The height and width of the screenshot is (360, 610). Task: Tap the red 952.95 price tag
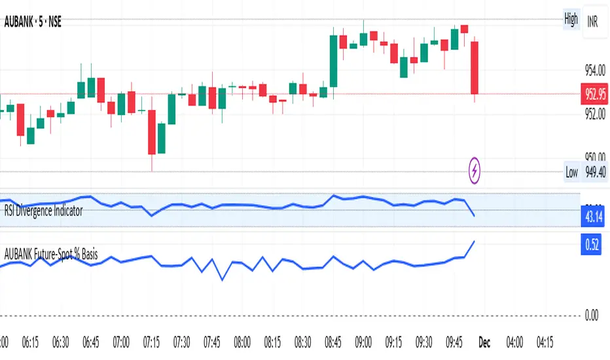(594, 94)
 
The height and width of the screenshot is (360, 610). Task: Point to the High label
(571, 19)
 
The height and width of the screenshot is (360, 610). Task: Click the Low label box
(571, 173)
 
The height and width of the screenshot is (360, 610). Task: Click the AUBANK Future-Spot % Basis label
(51, 254)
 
